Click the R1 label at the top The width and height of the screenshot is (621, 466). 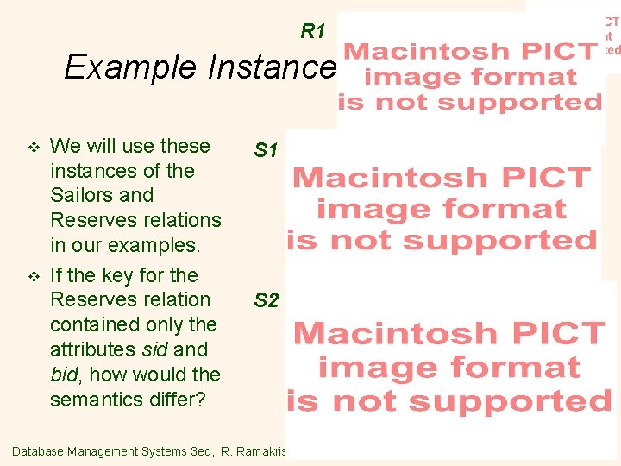click(312, 32)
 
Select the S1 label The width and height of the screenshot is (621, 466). click(266, 151)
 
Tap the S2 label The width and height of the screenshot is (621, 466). click(266, 300)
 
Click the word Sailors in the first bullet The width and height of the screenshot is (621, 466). click(79, 195)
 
